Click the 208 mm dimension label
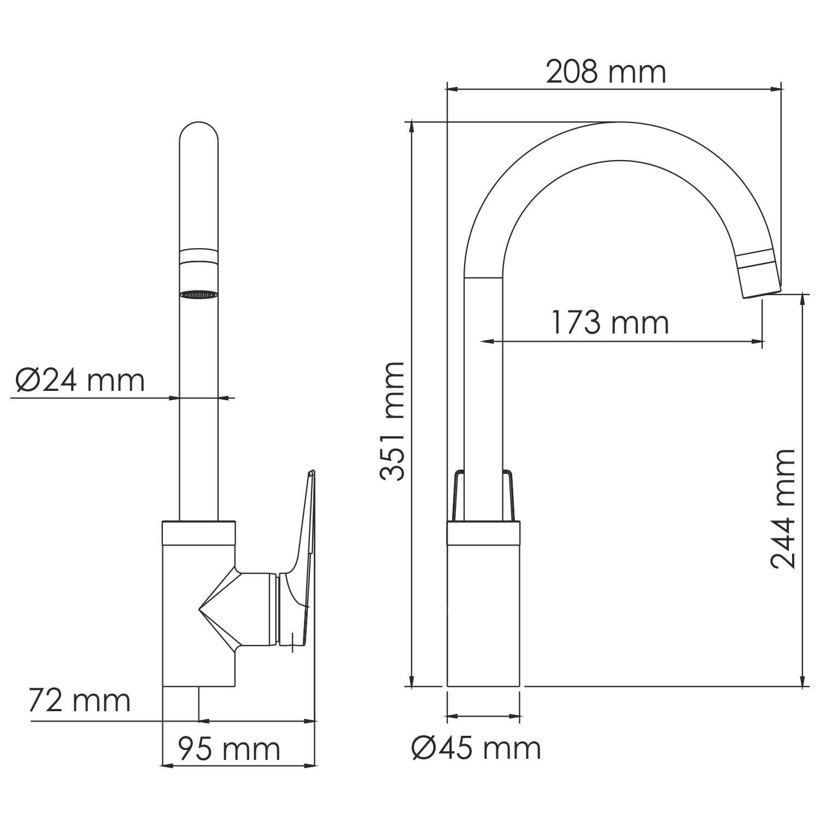606,72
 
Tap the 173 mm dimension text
610,323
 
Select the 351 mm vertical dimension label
393,421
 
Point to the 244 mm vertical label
782,509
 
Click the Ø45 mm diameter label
476,748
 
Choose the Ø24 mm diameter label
80,380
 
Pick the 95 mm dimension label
229,749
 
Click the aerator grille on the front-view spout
199,295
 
